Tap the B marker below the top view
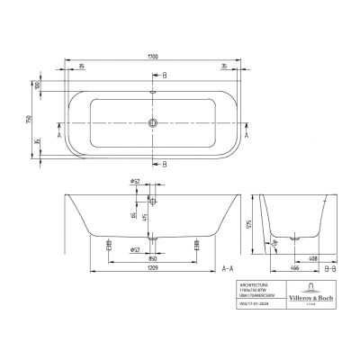166,164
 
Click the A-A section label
229,268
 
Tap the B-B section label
330,268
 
